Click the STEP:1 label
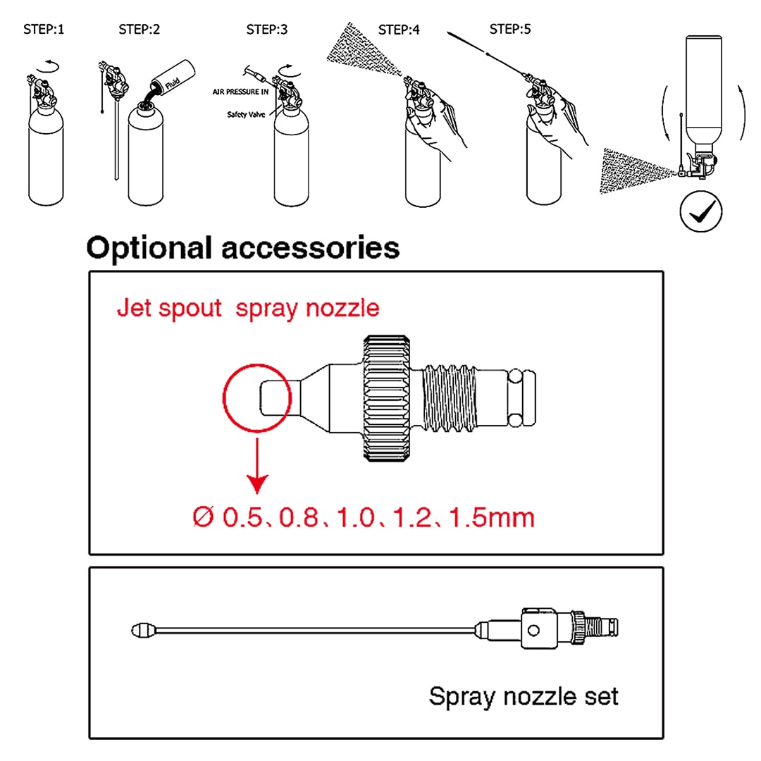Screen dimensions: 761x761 tap(44, 30)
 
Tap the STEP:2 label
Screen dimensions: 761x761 tap(139, 30)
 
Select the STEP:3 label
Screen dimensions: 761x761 tap(266, 30)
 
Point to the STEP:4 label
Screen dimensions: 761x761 tap(400, 30)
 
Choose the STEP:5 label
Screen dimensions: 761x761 tap(510, 30)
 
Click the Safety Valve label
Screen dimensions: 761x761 tap(246, 114)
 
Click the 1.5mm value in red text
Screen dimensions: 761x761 tap(501, 518)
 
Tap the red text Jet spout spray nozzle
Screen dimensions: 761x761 tap(247, 308)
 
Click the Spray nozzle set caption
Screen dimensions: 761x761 tap(524, 697)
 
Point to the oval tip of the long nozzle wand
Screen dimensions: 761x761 tap(144, 629)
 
